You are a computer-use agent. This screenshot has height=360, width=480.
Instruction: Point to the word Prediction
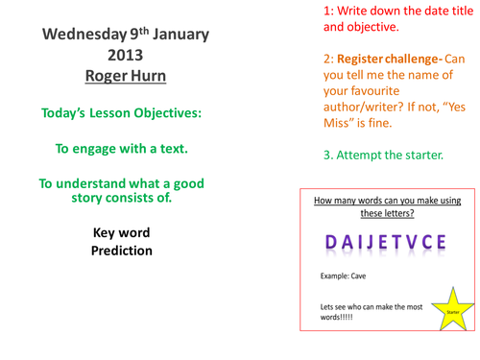[x=119, y=251]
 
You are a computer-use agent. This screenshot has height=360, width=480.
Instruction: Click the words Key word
[x=119, y=232]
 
